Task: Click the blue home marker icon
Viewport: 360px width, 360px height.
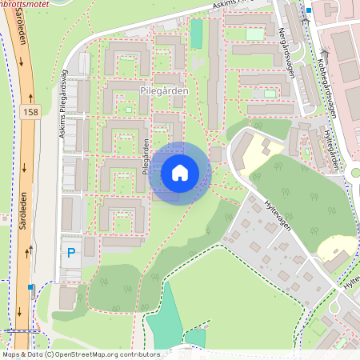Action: [180, 173]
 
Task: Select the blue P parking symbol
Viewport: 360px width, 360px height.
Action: [70, 254]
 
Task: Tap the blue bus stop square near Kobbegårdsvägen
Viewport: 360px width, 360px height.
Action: [309, 10]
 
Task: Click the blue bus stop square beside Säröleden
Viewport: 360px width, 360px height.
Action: [31, 286]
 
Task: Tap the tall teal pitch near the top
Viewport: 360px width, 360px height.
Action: [196, 34]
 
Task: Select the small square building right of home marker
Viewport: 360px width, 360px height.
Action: [216, 154]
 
